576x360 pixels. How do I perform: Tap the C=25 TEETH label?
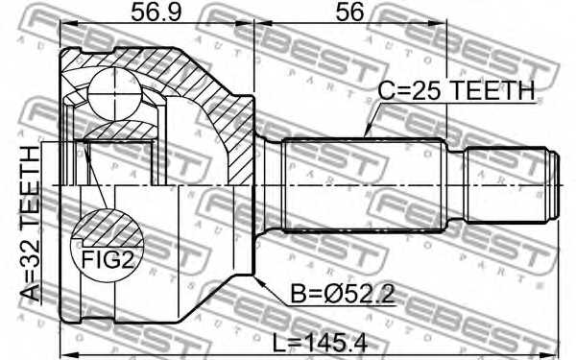(x=456, y=90)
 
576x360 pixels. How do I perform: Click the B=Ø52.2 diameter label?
(x=343, y=294)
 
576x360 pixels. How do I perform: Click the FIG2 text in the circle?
(x=108, y=259)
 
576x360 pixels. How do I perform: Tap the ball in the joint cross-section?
(x=115, y=94)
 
